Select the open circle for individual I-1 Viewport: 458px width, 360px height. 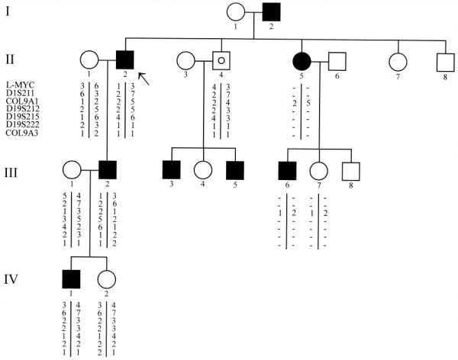236,14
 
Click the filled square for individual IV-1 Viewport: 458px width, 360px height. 69,280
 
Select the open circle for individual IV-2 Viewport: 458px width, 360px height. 108,280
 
